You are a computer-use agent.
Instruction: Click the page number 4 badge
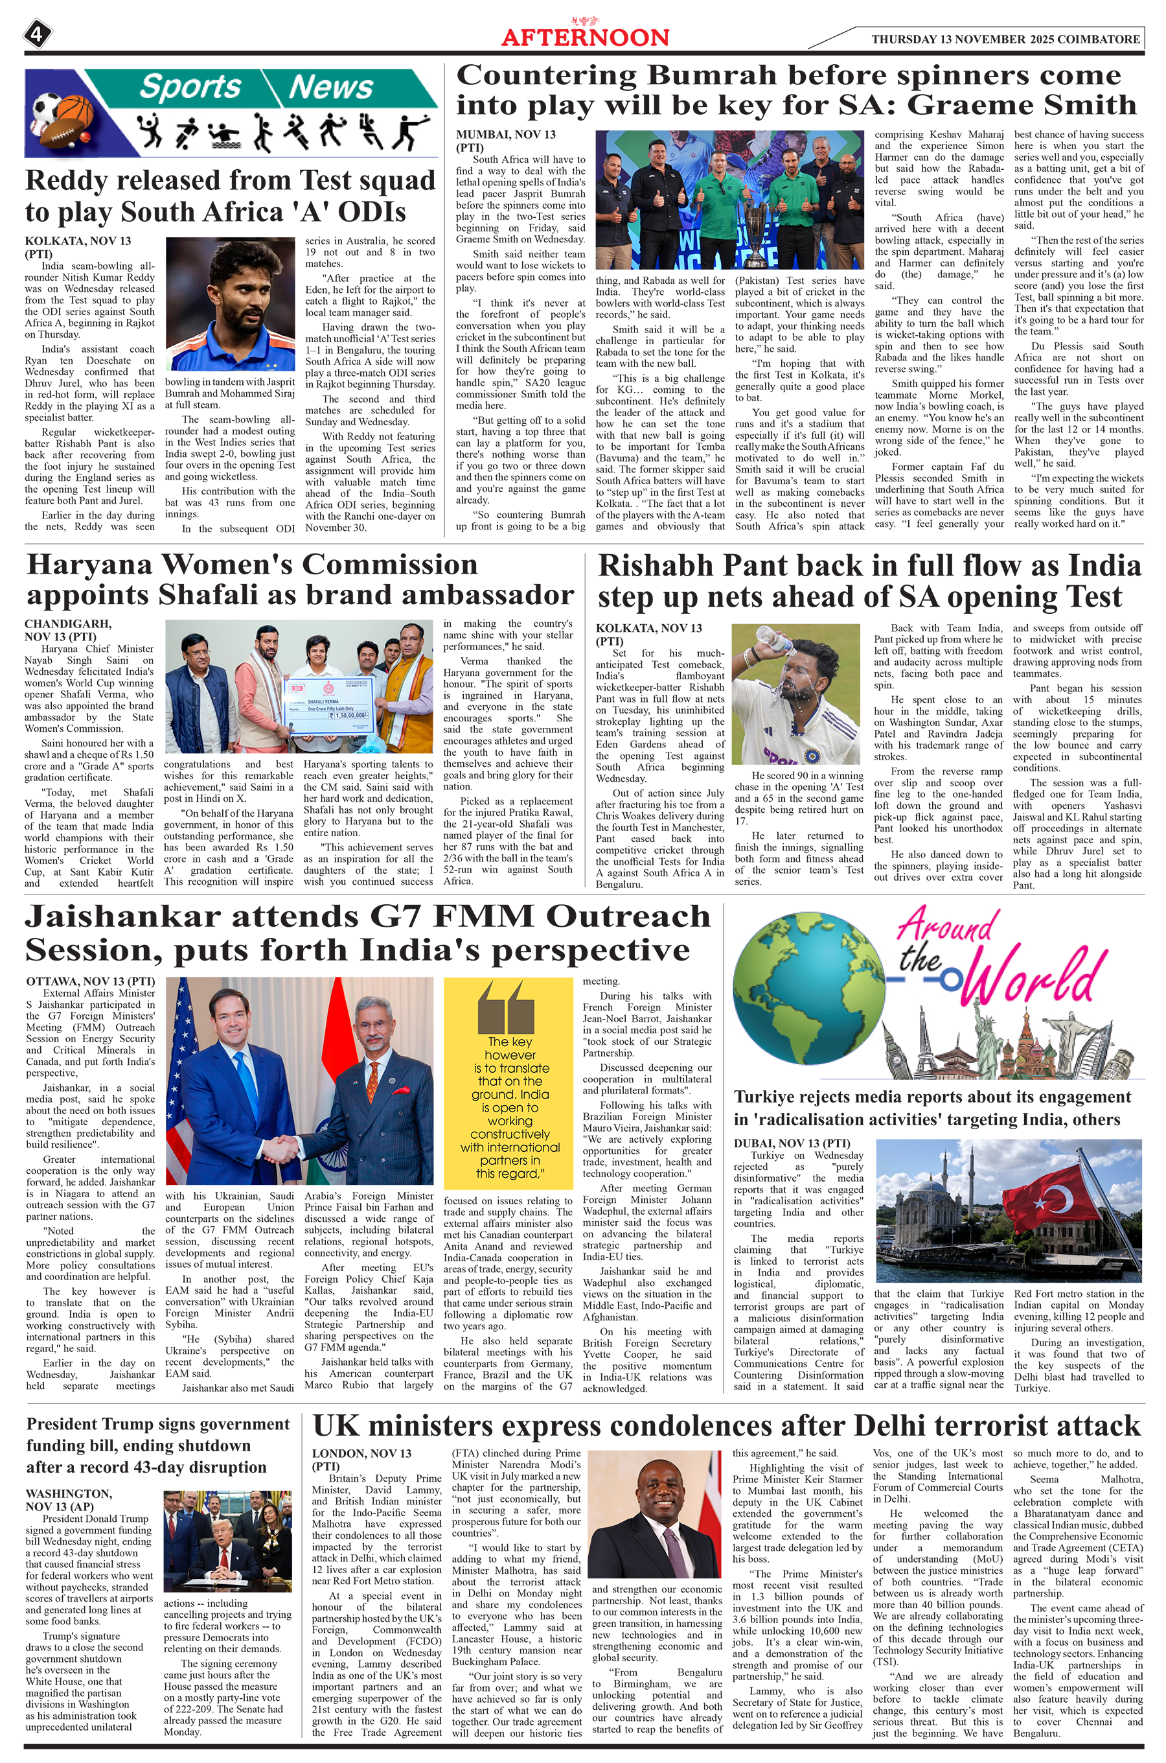[x=37, y=34]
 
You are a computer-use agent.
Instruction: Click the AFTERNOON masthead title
[x=585, y=37]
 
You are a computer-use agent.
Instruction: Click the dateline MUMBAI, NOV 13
[x=506, y=135]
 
